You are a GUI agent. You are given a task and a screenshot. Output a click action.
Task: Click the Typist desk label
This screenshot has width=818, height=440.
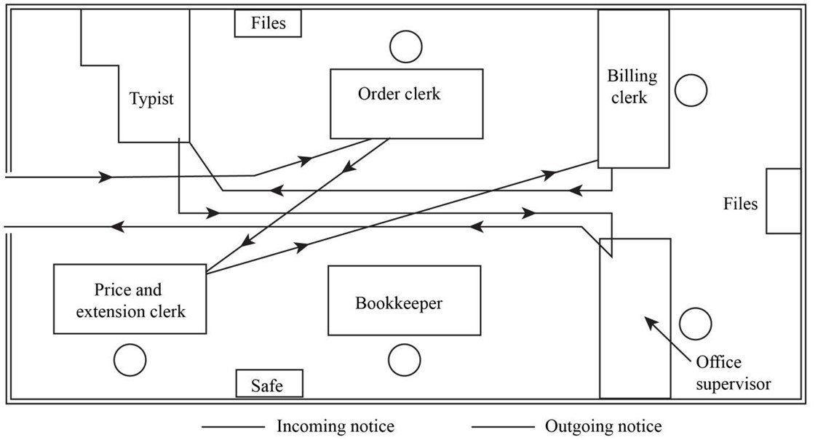click(151, 99)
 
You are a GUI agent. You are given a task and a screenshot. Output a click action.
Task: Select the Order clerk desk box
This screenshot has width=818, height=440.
click(406, 103)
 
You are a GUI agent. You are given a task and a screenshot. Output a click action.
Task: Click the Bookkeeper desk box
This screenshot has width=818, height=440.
click(404, 300)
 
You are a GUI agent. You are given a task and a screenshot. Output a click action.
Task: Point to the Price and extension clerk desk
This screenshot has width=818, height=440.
click(130, 300)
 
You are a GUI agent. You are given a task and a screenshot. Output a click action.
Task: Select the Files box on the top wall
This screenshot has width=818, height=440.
click(268, 23)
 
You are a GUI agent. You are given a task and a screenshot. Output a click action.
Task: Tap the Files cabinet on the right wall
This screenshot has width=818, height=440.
click(783, 201)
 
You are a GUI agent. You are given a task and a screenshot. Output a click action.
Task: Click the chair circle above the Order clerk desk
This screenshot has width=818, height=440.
click(405, 47)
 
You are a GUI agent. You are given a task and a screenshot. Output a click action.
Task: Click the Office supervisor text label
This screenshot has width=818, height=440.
click(732, 373)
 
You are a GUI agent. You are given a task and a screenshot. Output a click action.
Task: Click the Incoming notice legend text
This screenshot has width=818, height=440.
click(335, 426)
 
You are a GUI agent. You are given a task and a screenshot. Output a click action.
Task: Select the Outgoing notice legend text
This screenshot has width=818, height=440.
click(603, 426)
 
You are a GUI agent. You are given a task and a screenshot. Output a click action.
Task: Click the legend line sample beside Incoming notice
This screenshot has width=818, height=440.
click(233, 427)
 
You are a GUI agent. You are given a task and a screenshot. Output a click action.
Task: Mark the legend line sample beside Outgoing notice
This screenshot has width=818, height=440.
click(502, 427)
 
